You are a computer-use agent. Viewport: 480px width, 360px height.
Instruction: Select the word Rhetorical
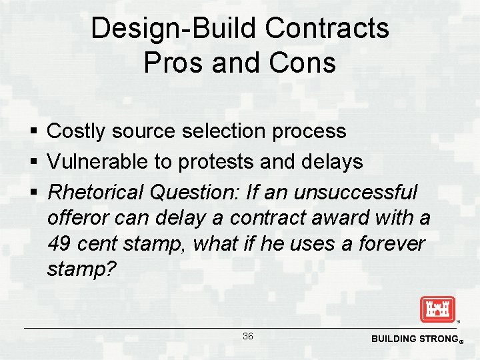(96, 193)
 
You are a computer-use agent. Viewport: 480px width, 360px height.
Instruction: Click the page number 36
(247, 337)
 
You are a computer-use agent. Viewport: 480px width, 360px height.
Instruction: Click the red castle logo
(437, 309)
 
